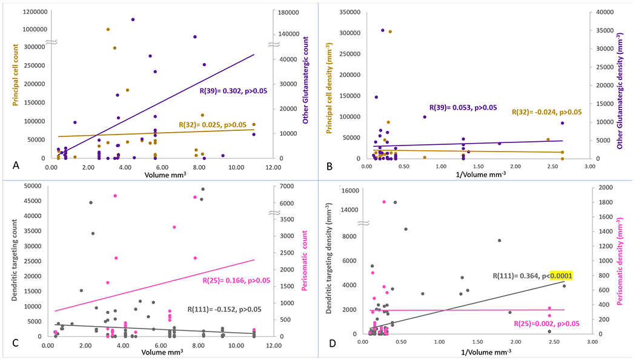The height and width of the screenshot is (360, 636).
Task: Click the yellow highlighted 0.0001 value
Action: pyautogui.click(x=561, y=276)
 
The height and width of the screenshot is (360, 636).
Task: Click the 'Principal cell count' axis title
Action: pyautogui.click(x=8, y=79)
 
